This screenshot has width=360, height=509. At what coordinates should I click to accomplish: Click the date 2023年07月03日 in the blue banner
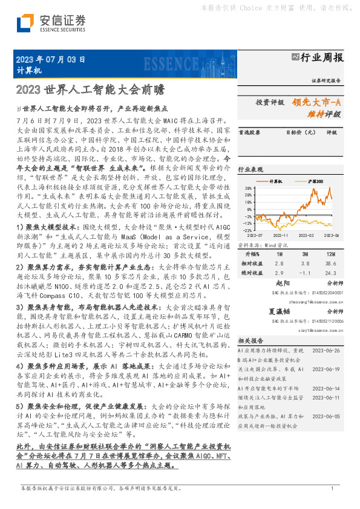tap(47, 59)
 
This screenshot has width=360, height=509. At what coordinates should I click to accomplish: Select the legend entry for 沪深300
tap(315, 181)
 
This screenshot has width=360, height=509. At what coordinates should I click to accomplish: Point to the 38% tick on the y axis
tap(248, 189)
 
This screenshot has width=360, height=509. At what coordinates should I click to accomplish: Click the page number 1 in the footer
tap(332, 488)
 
